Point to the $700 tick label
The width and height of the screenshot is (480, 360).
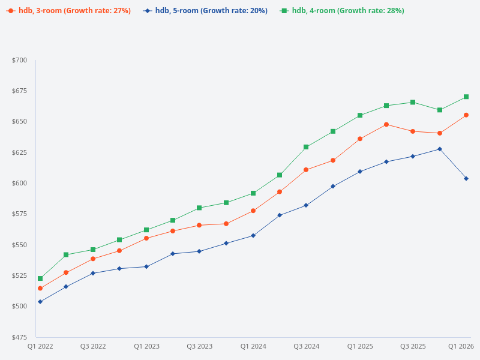click(x=20, y=60)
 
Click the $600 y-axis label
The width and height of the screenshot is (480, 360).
click(x=20, y=183)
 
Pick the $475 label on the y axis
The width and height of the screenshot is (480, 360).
click(x=20, y=337)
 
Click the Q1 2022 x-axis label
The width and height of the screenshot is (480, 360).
click(x=40, y=346)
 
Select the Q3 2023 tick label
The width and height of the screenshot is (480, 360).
click(x=199, y=346)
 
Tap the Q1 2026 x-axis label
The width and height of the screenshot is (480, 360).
click(x=461, y=346)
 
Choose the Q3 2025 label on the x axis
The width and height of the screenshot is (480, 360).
click(x=413, y=346)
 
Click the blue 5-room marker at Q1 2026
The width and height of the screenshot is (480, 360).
click(x=466, y=179)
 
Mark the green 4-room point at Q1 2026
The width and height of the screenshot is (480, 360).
click(x=466, y=97)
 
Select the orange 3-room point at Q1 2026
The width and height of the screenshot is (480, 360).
click(x=466, y=115)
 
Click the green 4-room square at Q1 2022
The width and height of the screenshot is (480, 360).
click(x=40, y=278)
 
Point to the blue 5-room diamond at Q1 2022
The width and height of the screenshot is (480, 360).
click(x=40, y=302)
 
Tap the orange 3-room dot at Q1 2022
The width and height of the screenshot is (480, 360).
click(x=40, y=289)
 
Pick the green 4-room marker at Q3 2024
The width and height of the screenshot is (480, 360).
click(x=306, y=147)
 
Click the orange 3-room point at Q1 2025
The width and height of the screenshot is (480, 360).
click(x=360, y=139)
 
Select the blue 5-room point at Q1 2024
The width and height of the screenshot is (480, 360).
click(x=253, y=236)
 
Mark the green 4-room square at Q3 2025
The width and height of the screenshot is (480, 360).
click(x=413, y=102)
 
